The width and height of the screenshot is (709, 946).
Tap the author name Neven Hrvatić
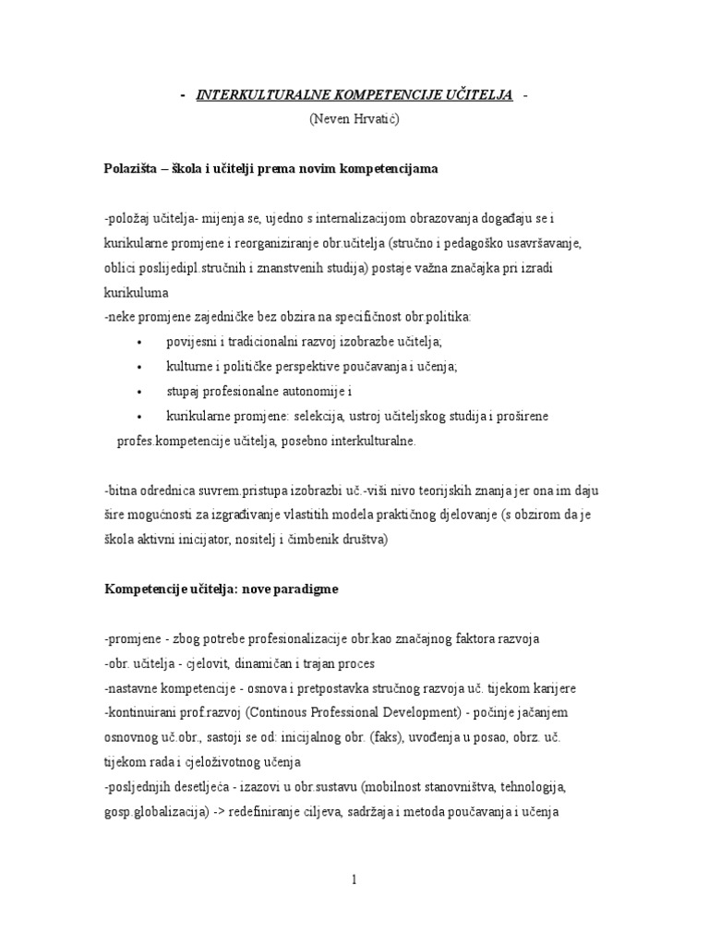click(x=354, y=119)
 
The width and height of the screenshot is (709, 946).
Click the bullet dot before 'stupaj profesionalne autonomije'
click(x=138, y=392)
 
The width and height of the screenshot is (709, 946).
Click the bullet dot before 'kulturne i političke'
click(x=138, y=367)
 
